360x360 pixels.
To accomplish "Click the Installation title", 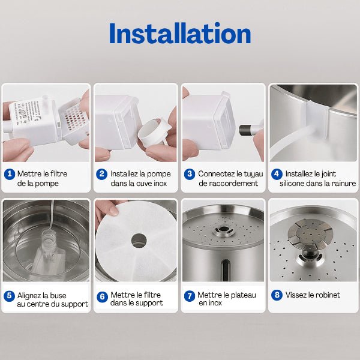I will (180, 34).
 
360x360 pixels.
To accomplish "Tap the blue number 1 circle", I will (10, 174).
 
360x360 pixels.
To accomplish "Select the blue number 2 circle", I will (102, 174).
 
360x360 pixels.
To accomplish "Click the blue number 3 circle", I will (189, 174).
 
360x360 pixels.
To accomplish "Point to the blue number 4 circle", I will (277, 174).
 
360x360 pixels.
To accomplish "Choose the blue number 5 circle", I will (10, 296).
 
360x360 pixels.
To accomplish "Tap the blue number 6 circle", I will (102, 296).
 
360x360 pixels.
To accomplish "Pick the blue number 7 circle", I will (189, 296).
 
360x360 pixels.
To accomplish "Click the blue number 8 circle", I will (277, 295).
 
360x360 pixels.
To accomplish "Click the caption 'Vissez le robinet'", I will (313, 295).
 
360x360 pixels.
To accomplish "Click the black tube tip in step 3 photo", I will (245, 128).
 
